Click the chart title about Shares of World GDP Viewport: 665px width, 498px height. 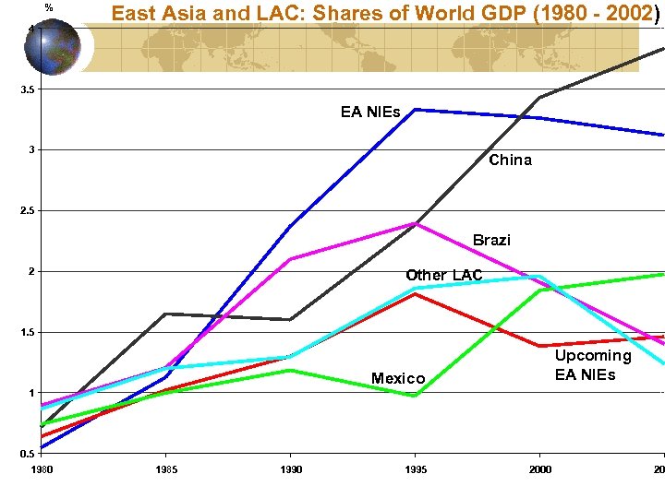tap(383, 14)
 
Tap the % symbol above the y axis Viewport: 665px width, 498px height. tap(49, 8)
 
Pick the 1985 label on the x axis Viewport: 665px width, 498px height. tap(164, 469)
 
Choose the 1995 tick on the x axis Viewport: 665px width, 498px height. tap(416, 469)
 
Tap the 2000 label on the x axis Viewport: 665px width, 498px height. tap(540, 469)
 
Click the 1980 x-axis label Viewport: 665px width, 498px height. tap(42, 469)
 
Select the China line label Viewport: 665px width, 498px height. tap(510, 160)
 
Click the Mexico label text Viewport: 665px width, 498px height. tap(398, 379)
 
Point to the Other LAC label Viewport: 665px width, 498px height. tap(444, 275)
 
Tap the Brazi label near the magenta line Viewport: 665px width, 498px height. tap(491, 241)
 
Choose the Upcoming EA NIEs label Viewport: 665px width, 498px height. tap(592, 365)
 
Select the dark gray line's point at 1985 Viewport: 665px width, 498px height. tap(164, 314)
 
